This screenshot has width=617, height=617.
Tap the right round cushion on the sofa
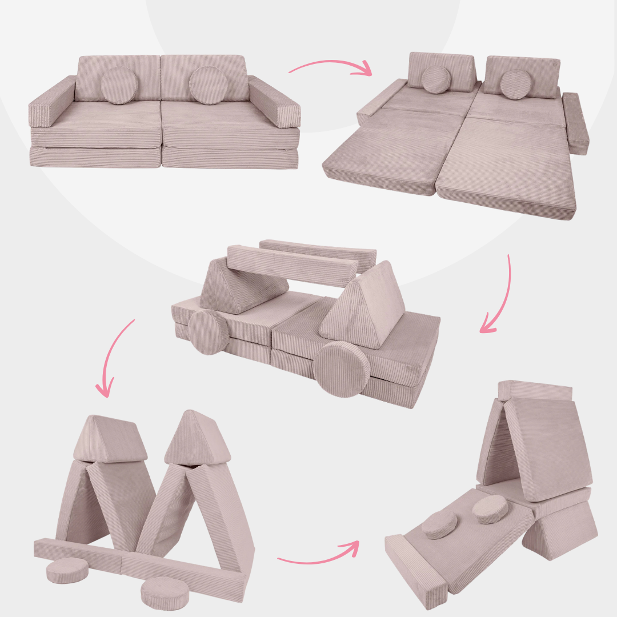click(x=209, y=86)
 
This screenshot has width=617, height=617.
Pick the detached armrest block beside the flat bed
click(x=575, y=123)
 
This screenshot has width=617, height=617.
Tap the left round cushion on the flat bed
click(x=437, y=79)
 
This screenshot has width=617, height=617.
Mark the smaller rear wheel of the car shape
click(x=209, y=332)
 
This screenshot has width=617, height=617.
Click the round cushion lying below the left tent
click(x=67, y=570)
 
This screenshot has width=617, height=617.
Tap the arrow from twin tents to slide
click(x=320, y=552)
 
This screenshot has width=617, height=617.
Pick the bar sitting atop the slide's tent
click(x=534, y=391)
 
